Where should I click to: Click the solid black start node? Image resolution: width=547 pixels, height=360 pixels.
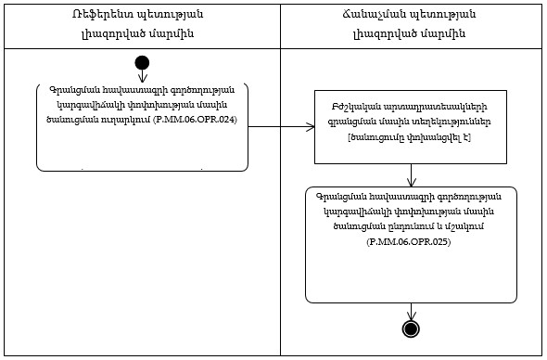[x=142, y=63]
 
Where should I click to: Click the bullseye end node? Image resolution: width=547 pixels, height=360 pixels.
[x=411, y=328]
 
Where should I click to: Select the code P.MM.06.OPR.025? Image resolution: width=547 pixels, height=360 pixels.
[x=410, y=241]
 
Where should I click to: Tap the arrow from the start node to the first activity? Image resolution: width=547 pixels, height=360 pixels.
[x=142, y=76]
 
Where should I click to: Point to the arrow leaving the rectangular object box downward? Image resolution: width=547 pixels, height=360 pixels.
[x=411, y=174]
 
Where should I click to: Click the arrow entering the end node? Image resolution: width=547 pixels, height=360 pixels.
[x=411, y=312]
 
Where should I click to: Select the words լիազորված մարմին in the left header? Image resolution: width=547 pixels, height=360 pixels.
[x=142, y=33]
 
